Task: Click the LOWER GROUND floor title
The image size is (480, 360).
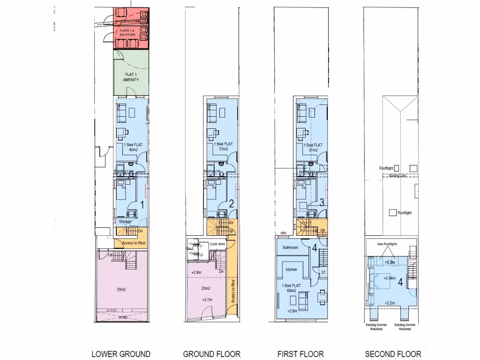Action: [121, 354]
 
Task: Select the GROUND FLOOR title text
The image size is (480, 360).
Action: [212, 354]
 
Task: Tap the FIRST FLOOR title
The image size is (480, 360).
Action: [300, 354]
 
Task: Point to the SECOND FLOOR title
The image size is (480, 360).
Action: [393, 354]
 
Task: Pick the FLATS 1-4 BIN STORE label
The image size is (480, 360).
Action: [124, 32]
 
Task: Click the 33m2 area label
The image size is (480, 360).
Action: [121, 290]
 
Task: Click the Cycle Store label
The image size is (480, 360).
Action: [217, 244]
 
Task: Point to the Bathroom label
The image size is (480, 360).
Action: [291, 247]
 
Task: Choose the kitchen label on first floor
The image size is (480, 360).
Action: [292, 270]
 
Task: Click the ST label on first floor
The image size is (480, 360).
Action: [323, 272]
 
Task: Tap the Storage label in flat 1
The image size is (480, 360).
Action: [125, 222]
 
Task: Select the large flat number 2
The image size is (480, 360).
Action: [232, 203]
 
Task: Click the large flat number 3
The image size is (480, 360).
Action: [322, 203]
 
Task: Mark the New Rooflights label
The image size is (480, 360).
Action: [387, 244]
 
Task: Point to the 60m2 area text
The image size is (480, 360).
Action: [292, 291]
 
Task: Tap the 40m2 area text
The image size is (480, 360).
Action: [134, 150]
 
